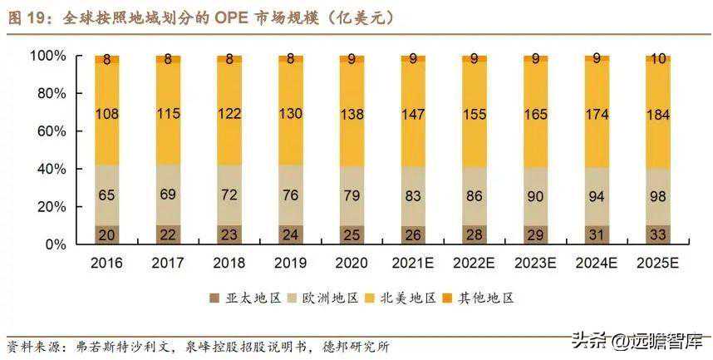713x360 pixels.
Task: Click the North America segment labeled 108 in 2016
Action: (107, 114)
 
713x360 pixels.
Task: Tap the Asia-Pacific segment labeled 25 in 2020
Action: (352, 234)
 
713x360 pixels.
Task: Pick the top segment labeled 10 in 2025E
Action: (658, 59)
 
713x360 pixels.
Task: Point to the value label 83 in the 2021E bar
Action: (413, 196)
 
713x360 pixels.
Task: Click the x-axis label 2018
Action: (229, 263)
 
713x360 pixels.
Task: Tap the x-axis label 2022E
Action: (474, 263)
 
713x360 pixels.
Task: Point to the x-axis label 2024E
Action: (597, 263)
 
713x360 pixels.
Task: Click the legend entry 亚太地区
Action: (246, 298)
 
